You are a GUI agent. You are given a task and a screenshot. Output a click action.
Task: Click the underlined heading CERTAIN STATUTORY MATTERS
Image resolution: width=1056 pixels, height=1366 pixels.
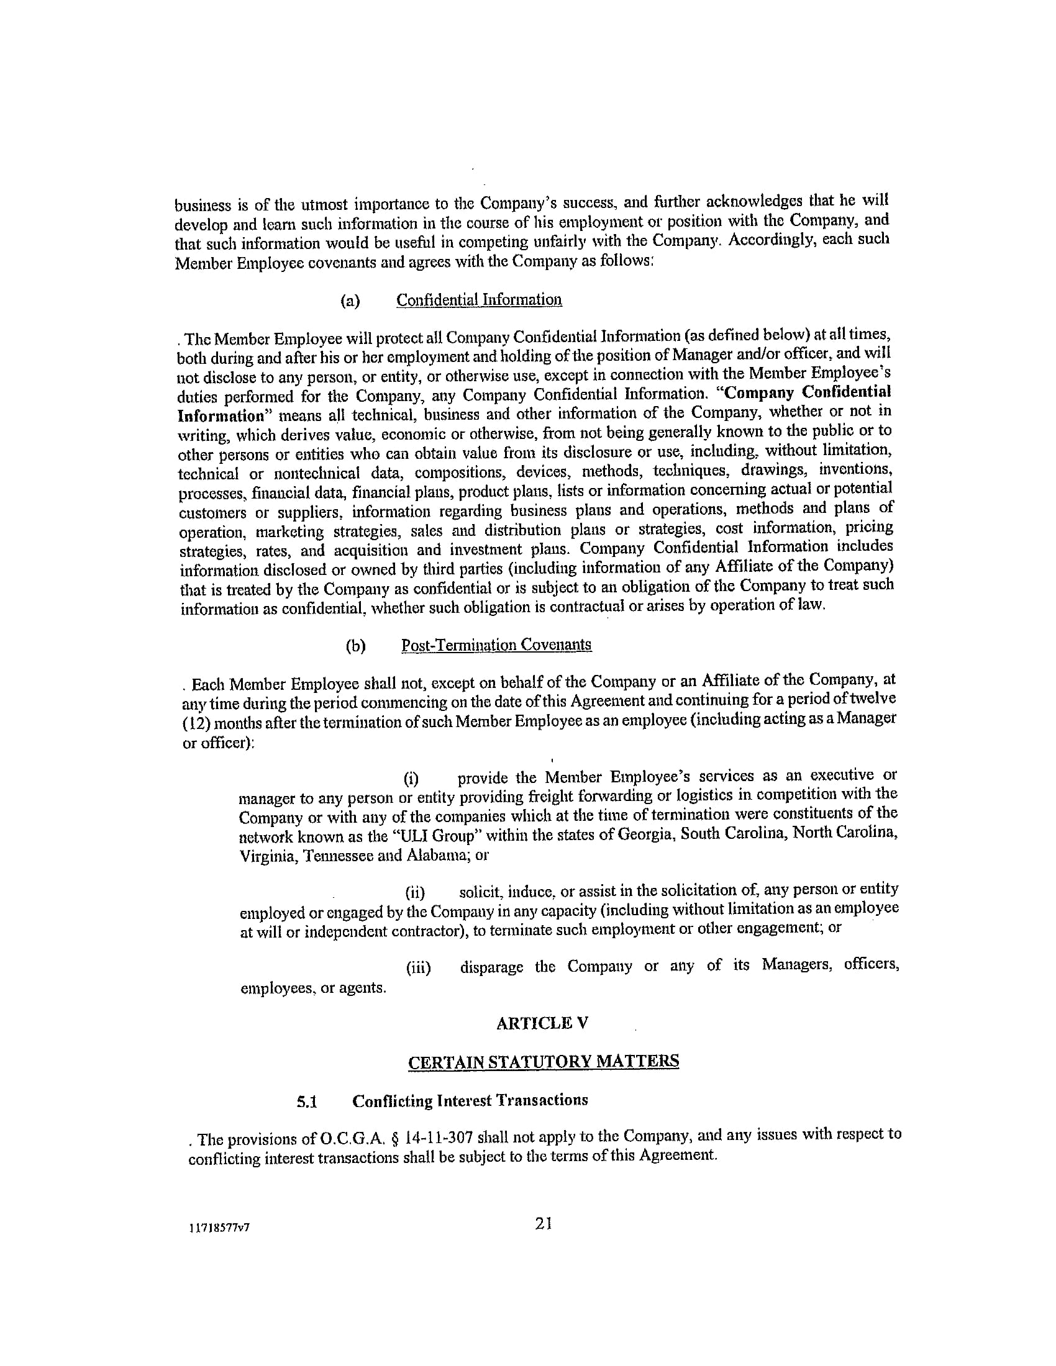click(543, 1062)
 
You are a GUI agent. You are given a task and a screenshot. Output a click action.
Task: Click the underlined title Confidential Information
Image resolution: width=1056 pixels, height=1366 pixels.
click(479, 300)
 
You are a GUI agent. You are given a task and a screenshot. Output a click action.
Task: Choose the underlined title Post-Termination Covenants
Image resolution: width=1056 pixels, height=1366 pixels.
click(496, 645)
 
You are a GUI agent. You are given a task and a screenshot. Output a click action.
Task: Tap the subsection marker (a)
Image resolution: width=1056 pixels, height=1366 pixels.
click(350, 301)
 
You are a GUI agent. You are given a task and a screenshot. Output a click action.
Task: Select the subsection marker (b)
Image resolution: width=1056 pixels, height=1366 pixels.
click(355, 646)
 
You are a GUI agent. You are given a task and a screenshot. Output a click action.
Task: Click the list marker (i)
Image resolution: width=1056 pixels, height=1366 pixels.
click(411, 779)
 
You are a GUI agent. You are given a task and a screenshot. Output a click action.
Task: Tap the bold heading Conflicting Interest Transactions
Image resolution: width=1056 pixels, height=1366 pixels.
click(470, 1101)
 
